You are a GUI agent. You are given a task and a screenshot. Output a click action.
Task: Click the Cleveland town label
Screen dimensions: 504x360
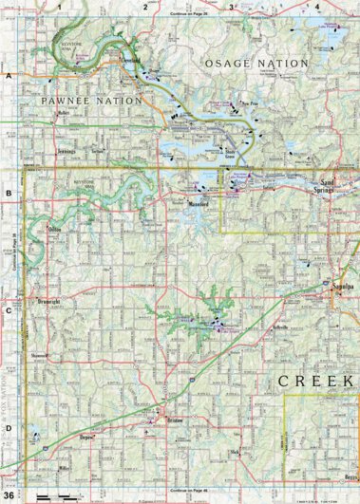[x=131, y=59]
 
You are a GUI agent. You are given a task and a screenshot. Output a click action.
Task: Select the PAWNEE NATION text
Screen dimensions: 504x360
[x=91, y=100]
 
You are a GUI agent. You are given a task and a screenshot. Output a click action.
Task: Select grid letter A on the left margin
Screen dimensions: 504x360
[x=9, y=75]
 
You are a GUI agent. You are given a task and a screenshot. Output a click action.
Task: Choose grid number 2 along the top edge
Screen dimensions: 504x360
[x=144, y=7]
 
